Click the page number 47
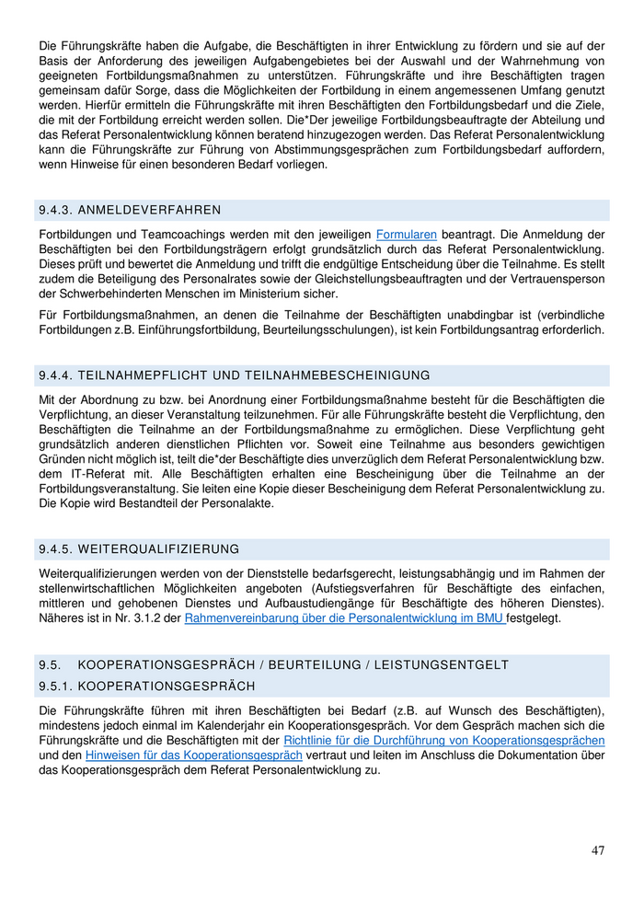(x=598, y=850)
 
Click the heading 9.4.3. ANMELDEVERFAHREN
(x=130, y=211)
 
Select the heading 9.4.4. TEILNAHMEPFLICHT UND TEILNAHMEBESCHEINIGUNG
(x=235, y=375)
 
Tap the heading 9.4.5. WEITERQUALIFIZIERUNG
(x=139, y=549)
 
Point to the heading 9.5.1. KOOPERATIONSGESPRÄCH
(x=146, y=686)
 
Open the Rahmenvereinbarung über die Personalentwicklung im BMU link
(x=345, y=618)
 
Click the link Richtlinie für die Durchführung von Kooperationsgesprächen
(x=444, y=740)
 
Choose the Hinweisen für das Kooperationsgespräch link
(x=194, y=755)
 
